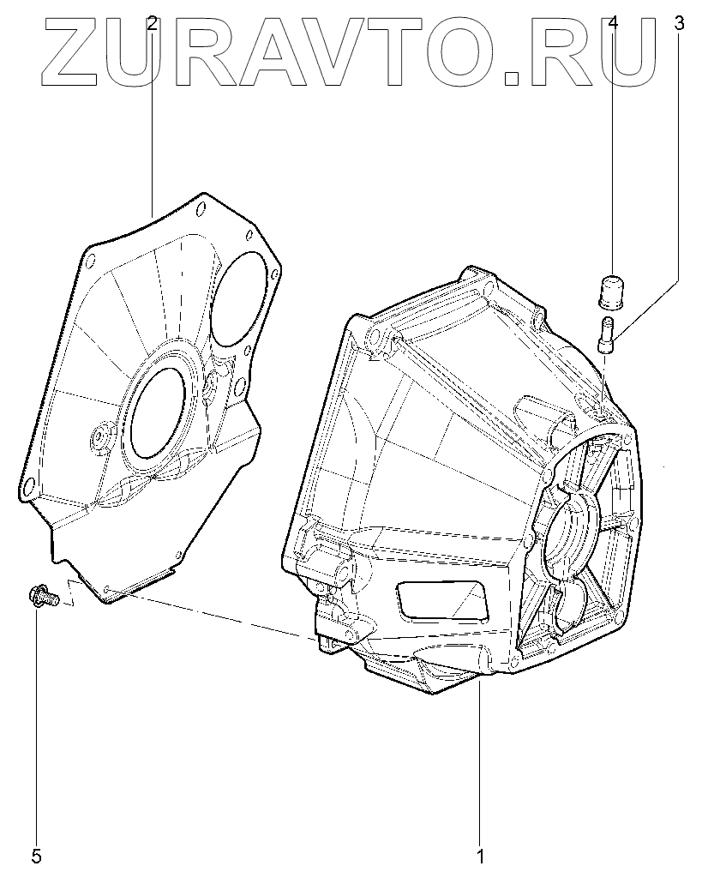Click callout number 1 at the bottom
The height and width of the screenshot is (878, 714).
point(479,857)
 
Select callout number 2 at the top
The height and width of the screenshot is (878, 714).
point(153,23)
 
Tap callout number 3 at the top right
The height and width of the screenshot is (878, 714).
point(679,23)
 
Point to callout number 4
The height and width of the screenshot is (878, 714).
point(613,23)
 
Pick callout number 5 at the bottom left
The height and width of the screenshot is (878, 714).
point(36,857)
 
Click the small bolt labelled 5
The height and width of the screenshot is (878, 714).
point(42,597)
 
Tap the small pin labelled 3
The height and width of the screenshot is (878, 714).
point(607,334)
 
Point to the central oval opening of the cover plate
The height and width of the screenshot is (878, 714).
point(157,412)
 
